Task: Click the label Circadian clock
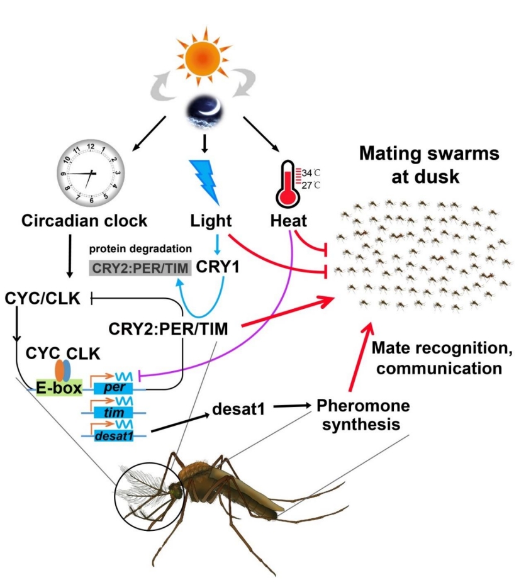84,221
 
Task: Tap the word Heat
289,221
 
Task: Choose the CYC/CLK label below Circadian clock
42,298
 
